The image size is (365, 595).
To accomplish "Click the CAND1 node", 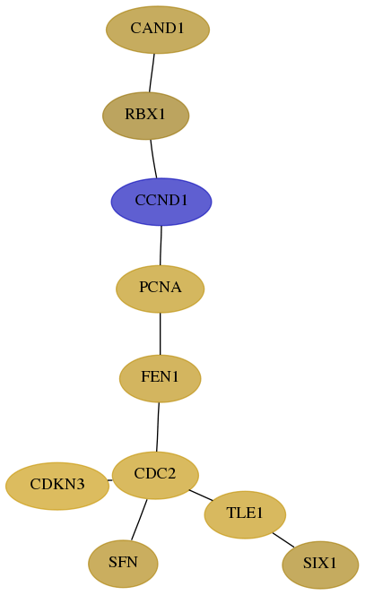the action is pyautogui.click(x=158, y=30).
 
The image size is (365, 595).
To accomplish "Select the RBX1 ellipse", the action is pyautogui.click(x=146, y=116).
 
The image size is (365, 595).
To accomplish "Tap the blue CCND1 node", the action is pyautogui.click(x=161, y=202).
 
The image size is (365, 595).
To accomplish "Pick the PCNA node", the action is pyautogui.click(x=161, y=289).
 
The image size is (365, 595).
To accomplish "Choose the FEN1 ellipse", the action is pyautogui.click(x=161, y=378).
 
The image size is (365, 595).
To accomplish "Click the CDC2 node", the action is pyautogui.click(x=156, y=475).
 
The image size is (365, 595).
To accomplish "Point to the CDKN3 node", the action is pyautogui.click(x=57, y=486).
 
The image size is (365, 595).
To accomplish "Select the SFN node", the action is pyautogui.click(x=123, y=564).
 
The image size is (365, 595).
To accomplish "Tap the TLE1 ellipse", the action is pyautogui.click(x=245, y=514).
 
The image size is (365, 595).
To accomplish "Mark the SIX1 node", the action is pyautogui.click(x=320, y=565).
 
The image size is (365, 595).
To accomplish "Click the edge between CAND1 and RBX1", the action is pyautogui.click(x=152, y=73).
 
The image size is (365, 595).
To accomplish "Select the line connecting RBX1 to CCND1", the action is pyautogui.click(x=153, y=159).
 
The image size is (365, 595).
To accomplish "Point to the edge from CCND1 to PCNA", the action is pyautogui.click(x=161, y=246).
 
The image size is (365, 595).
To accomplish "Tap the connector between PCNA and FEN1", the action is pyautogui.click(x=161, y=334).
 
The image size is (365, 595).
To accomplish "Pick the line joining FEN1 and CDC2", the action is pyautogui.click(x=158, y=427).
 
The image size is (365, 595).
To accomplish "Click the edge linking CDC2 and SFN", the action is pyautogui.click(x=139, y=520).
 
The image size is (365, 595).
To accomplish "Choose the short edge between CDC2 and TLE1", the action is pyautogui.click(x=201, y=496).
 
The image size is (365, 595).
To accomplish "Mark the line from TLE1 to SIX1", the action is pyautogui.click(x=283, y=540).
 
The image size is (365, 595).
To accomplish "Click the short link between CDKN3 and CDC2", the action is pyautogui.click(x=110, y=480).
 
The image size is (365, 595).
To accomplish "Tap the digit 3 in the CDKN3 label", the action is pyautogui.click(x=80, y=485).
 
